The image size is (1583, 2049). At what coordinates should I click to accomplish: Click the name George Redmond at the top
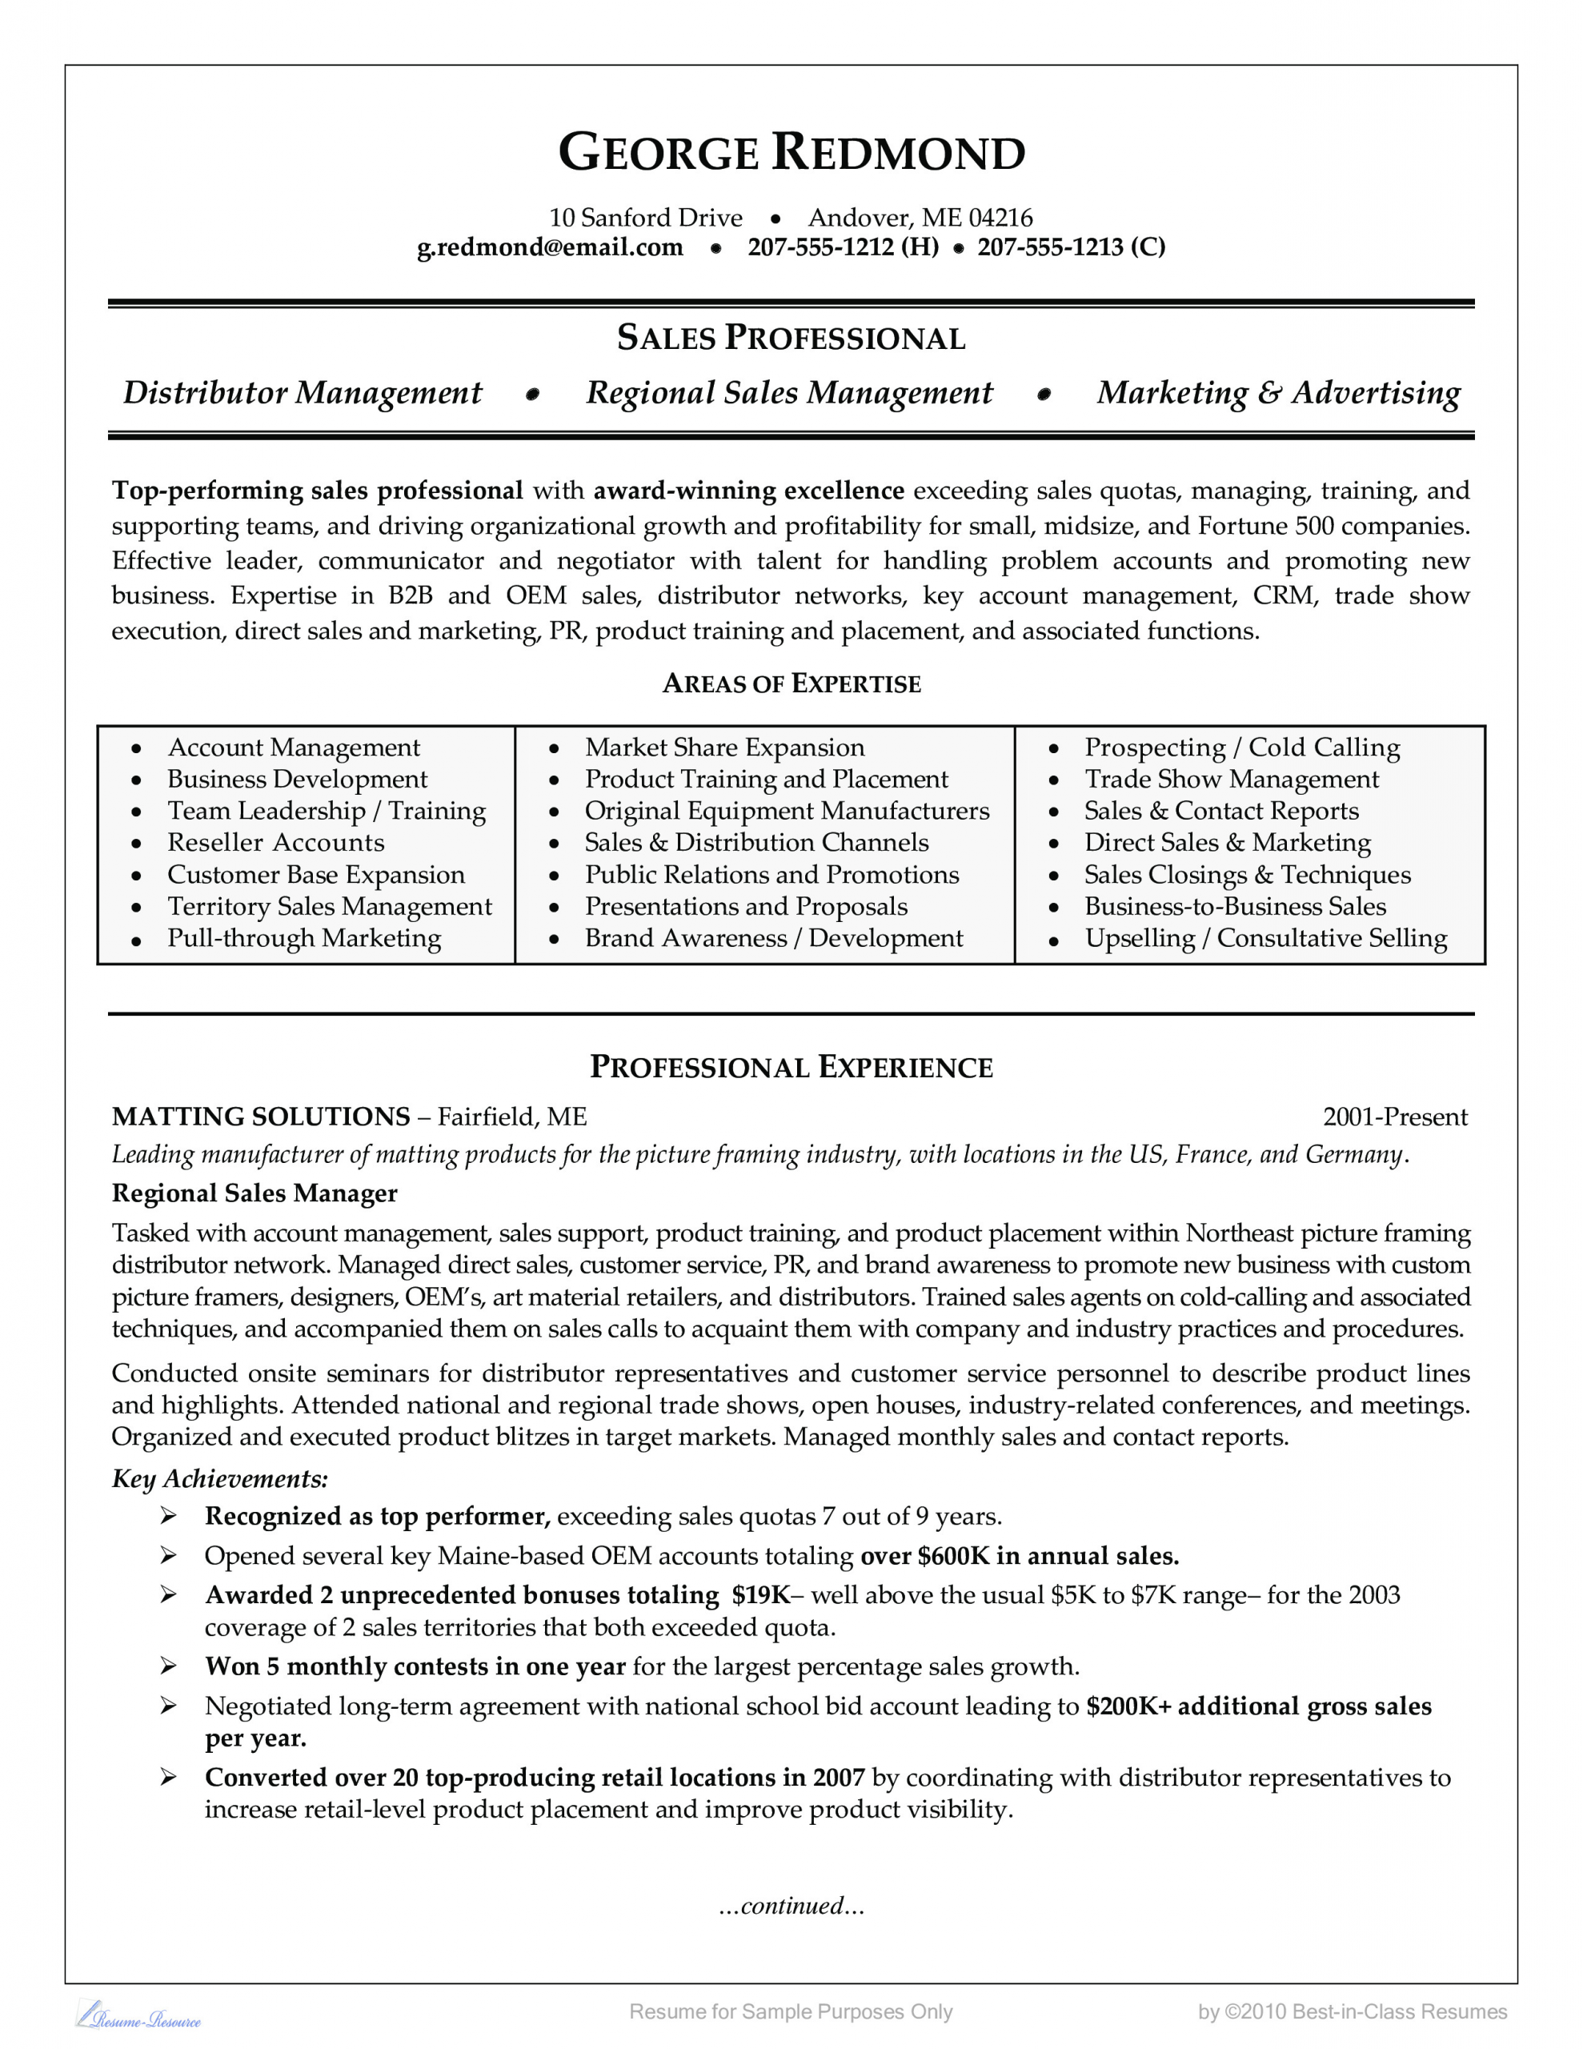pos(791,153)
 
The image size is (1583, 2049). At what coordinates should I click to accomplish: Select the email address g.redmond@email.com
pos(550,247)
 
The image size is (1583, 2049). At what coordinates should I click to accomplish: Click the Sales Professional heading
pos(791,338)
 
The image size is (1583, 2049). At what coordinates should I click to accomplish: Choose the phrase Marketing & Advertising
pos(1278,393)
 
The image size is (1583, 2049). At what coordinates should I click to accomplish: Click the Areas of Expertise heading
pos(791,684)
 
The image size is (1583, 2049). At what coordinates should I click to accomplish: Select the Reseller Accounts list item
pos(276,843)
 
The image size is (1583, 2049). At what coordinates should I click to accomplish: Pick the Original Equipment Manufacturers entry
pos(787,811)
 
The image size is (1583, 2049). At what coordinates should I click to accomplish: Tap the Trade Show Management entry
pos(1231,779)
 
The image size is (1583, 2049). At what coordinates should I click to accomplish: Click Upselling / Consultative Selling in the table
pos(1266,938)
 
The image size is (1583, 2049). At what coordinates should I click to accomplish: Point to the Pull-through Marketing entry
pos(304,938)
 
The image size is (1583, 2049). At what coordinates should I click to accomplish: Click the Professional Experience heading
pos(791,1068)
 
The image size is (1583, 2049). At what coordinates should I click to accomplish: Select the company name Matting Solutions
pos(261,1117)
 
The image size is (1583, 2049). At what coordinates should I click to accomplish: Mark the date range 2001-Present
pos(1394,1117)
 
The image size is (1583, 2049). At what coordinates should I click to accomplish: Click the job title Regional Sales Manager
pos(254,1193)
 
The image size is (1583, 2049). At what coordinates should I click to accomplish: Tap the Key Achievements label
pos(219,1479)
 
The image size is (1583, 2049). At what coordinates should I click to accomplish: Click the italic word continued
pos(791,1906)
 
